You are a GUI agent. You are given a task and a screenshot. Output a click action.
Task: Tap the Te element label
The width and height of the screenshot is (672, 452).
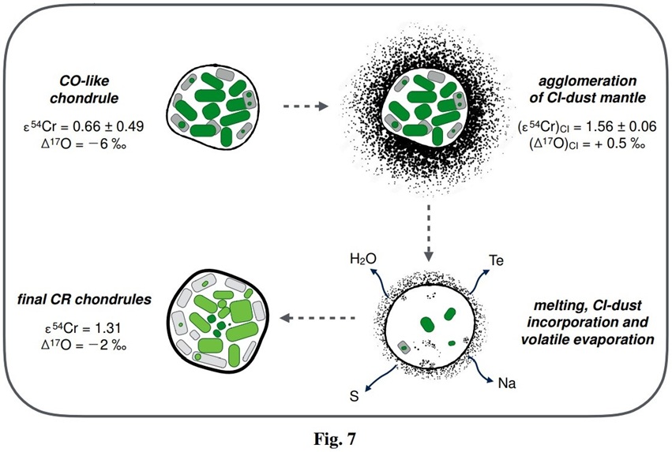497,260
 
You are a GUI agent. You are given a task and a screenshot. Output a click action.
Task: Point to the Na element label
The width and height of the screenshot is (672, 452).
507,383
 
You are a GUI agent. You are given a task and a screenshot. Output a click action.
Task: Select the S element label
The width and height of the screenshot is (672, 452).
354,394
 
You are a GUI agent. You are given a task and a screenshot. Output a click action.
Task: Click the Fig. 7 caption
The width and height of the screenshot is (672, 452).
336,435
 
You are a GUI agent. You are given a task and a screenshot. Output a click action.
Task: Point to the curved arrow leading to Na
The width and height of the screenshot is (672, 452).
481,369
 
